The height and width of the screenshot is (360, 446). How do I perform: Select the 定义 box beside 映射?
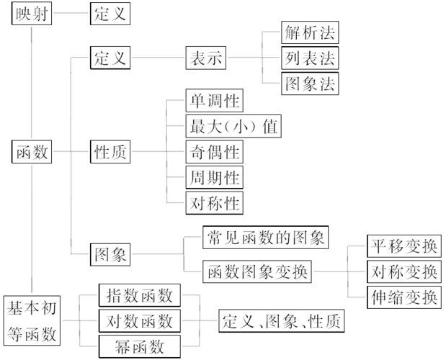tap(109, 13)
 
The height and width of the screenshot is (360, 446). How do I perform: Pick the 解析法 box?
tap(310, 32)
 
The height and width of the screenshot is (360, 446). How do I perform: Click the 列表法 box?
tap(310, 58)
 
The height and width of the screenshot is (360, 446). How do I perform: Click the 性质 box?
tap(109, 152)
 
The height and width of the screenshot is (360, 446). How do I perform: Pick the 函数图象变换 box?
tap(258, 271)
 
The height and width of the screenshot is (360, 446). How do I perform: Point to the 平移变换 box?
tap(403, 246)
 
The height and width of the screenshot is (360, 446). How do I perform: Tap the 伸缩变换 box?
tap(403, 297)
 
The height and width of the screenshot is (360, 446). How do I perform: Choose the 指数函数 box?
tap(139, 296)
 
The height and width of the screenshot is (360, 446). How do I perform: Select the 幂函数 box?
tap(139, 346)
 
